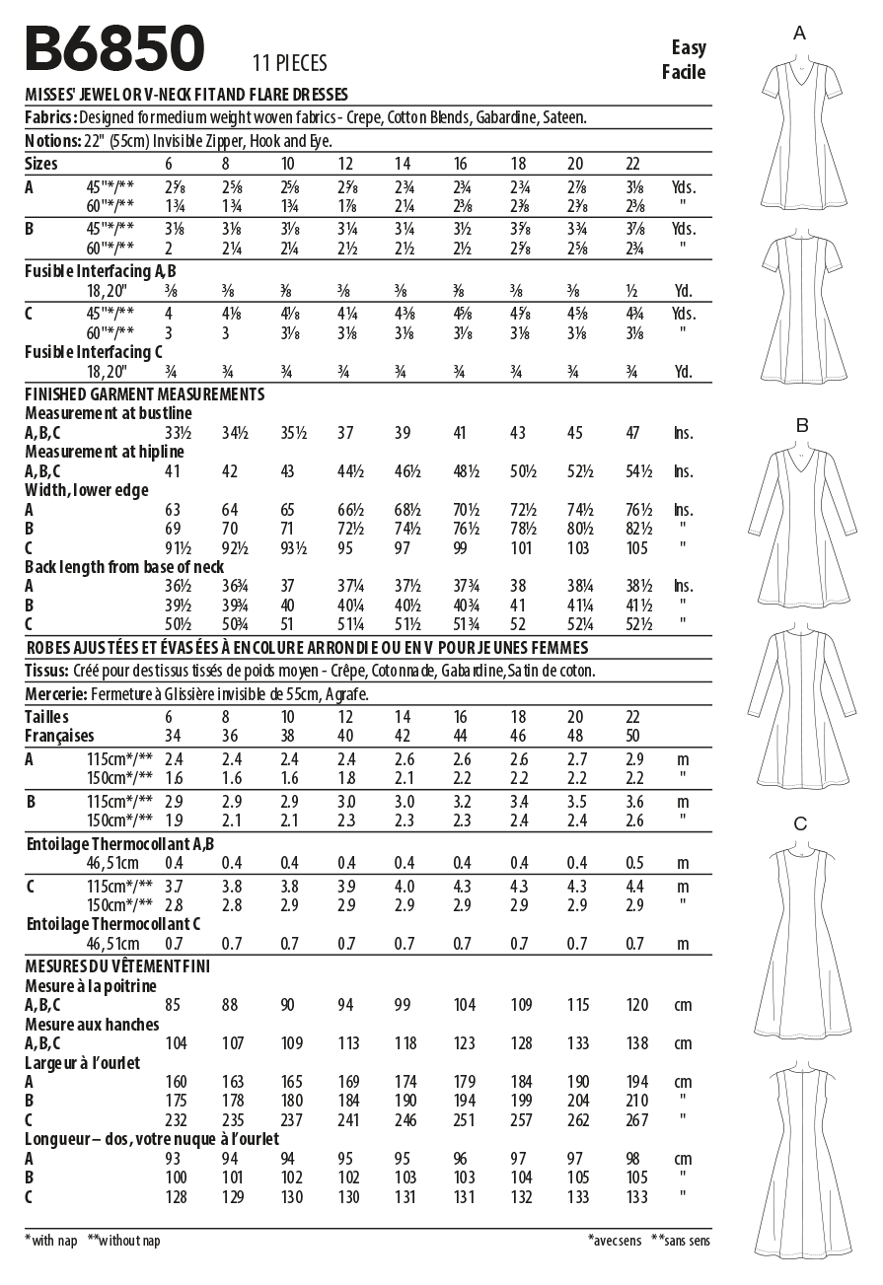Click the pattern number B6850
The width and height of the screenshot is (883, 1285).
[x=114, y=49]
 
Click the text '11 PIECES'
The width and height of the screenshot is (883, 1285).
[x=289, y=64]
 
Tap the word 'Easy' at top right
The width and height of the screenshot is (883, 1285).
[x=689, y=47]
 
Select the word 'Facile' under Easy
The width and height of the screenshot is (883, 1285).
[x=684, y=71]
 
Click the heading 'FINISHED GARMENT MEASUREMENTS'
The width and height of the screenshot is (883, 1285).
[x=144, y=393]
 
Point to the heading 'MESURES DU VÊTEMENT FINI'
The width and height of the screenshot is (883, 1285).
[x=117, y=965]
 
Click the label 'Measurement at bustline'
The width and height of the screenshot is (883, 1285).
[x=109, y=413]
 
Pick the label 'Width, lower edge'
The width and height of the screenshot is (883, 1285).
[x=87, y=490]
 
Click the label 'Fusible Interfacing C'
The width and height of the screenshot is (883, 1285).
[x=94, y=351]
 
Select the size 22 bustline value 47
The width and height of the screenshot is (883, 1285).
[x=631, y=433]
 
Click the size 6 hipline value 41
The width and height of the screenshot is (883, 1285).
[x=173, y=471]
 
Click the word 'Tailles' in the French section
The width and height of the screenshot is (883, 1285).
[x=47, y=717]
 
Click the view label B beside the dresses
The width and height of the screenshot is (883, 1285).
[x=802, y=426]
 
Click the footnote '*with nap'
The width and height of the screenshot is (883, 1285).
[x=53, y=1241]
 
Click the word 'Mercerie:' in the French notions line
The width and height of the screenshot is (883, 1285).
[x=55, y=694]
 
